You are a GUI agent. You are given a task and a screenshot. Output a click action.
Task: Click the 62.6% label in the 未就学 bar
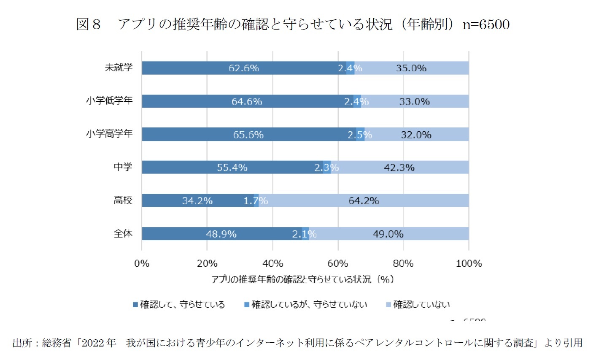pyautogui.click(x=244, y=68)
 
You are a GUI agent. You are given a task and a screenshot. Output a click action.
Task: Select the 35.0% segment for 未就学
pyautogui.click(x=411, y=68)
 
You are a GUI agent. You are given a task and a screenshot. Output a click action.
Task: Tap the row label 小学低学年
pyautogui.click(x=109, y=100)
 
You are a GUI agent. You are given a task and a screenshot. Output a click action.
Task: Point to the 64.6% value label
pyautogui.click(x=247, y=101)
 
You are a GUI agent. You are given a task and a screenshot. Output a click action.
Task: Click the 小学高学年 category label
pyautogui.click(x=109, y=134)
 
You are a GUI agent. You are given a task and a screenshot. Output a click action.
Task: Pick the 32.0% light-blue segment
pyautogui.click(x=416, y=135)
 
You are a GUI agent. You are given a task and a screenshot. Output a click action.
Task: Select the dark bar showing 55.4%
pyautogui.click(x=232, y=168)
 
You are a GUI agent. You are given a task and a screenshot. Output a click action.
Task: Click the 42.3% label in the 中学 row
pyautogui.click(x=399, y=168)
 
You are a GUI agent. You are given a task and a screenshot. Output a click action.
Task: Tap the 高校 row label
pyautogui.click(x=123, y=200)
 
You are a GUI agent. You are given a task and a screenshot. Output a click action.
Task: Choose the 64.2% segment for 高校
pyautogui.click(x=364, y=201)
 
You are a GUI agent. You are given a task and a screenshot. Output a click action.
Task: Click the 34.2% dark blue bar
pyautogui.click(x=197, y=201)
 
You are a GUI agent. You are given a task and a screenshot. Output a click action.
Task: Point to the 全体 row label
pyautogui.click(x=123, y=233)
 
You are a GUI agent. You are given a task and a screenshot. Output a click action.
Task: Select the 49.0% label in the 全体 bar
pyautogui.click(x=388, y=234)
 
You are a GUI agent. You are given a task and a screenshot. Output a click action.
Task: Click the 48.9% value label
pyautogui.click(x=221, y=234)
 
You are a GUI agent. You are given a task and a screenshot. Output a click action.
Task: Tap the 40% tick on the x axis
pyautogui.click(x=272, y=264)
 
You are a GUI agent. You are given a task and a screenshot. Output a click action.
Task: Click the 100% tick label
pyautogui.click(x=469, y=264)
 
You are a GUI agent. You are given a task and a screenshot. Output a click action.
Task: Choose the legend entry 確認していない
pyautogui.click(x=421, y=305)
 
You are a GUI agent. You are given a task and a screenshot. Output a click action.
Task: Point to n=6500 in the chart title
pyautogui.click(x=486, y=24)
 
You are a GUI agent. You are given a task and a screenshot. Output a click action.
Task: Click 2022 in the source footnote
pyautogui.click(x=92, y=343)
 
